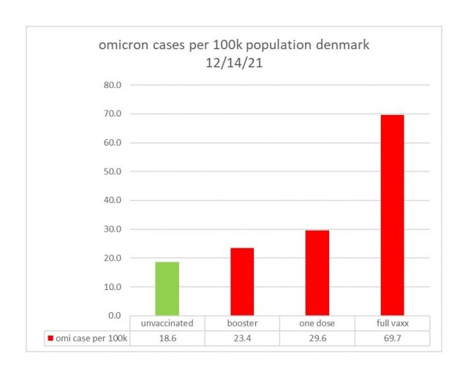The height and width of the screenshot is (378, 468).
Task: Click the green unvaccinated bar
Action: tap(167, 289)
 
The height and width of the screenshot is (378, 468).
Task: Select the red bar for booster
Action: tap(242, 282)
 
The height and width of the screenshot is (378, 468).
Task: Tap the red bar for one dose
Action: tap(317, 273)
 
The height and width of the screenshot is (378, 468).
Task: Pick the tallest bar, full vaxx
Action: tap(392, 215)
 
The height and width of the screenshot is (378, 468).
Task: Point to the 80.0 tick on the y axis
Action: tap(113, 85)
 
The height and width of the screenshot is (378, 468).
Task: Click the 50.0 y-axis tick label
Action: tap(113, 171)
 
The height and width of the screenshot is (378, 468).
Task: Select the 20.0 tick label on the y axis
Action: tap(113, 258)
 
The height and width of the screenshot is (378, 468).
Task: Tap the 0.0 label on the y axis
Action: tap(115, 316)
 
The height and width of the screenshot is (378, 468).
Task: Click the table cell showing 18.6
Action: tap(167, 338)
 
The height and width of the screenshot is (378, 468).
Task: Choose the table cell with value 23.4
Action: tap(242, 338)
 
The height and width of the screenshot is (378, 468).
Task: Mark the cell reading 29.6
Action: tap(317, 338)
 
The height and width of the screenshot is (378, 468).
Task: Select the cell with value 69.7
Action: tap(393, 338)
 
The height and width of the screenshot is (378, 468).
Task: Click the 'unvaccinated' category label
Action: tap(167, 323)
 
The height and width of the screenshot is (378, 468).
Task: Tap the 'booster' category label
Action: tap(242, 323)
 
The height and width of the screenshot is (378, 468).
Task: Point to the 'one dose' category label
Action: tap(317, 323)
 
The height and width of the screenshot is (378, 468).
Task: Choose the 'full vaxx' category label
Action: tap(393, 323)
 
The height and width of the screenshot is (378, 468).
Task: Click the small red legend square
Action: tap(50, 338)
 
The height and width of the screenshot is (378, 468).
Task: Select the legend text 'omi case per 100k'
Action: tap(91, 338)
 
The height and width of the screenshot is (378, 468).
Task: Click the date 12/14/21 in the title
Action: tap(234, 63)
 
